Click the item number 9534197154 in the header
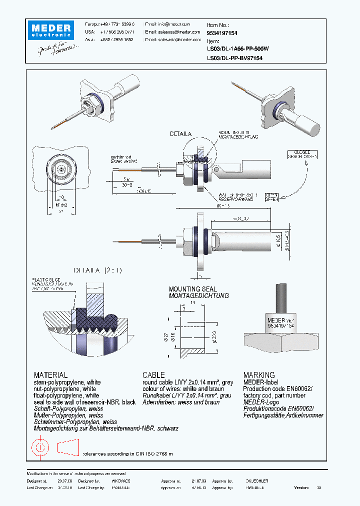(x=222, y=32)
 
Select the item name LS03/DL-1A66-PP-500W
(x=237, y=49)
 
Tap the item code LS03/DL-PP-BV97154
(x=234, y=58)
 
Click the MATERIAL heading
(x=50, y=375)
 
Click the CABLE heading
(x=153, y=375)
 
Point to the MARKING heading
(x=258, y=375)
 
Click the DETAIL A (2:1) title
(x=97, y=270)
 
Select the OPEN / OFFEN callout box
(x=271, y=197)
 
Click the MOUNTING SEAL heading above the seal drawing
(x=192, y=289)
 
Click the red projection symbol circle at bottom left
(x=40, y=447)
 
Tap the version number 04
(x=318, y=487)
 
